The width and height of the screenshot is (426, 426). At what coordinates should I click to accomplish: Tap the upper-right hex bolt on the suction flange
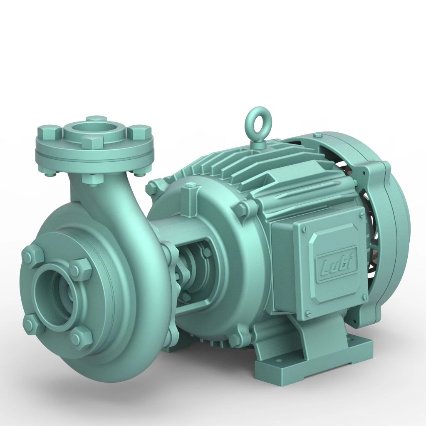click(x=80, y=270)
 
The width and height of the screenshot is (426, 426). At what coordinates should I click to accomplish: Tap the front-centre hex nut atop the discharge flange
click(x=92, y=142)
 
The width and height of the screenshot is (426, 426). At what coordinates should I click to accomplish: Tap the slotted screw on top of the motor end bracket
click(x=191, y=185)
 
